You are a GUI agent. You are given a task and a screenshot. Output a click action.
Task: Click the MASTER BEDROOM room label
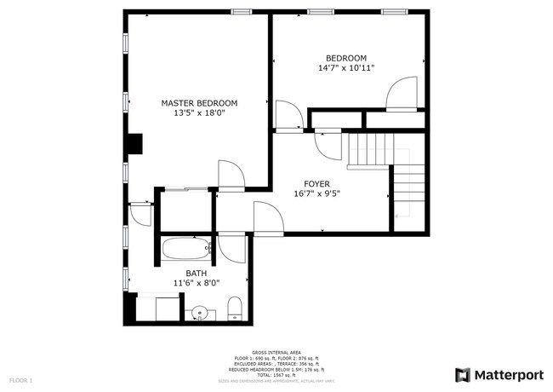pos(199,103)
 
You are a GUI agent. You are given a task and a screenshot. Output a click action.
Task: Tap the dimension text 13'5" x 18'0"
pos(199,112)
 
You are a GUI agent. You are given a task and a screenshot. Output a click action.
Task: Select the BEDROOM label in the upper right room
pos(346,58)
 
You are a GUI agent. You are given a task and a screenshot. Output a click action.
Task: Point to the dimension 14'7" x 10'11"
pos(346,67)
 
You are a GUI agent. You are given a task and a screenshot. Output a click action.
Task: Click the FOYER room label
pos(317,183)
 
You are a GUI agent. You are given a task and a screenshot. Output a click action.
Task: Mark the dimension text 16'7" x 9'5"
pos(317,193)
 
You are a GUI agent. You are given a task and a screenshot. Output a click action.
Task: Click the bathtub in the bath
pos(185,250)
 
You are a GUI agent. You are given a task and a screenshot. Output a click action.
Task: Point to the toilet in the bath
pos(235,309)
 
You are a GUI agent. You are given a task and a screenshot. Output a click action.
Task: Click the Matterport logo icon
pos(463,375)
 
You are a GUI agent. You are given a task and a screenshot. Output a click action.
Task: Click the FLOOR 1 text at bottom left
pos(20,379)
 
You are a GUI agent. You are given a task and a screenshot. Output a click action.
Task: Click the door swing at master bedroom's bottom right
pos(231,174)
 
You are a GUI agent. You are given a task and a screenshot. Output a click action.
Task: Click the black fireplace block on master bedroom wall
pos(134,145)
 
